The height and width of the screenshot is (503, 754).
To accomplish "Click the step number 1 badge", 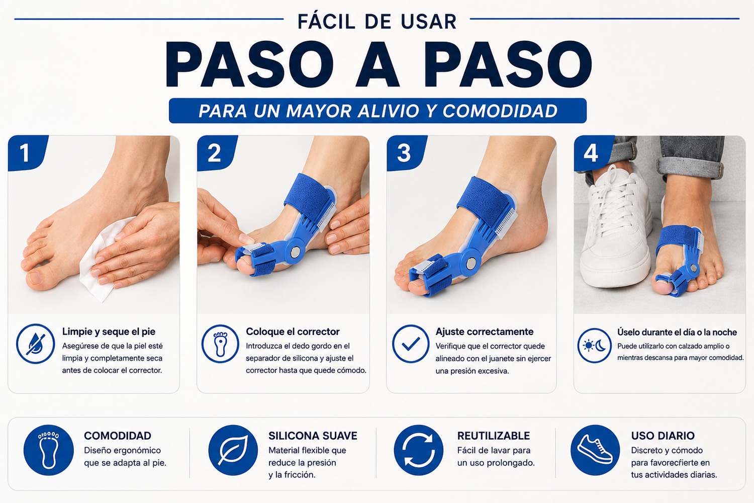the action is point(27,153).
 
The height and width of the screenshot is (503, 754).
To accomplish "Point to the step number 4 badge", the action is point(593,153).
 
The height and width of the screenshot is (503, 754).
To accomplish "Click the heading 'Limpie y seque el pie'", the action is point(109,332).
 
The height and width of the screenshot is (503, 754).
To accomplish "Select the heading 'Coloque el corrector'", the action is point(293,331).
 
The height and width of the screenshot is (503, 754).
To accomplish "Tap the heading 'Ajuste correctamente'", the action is point(485,332).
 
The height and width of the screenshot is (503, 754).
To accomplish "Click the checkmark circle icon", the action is point(411,344).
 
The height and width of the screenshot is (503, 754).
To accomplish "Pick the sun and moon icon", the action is point(595,346).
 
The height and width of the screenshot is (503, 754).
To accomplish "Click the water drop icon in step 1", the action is point(35,344).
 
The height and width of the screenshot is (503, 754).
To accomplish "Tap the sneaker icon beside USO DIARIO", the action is point(595,450).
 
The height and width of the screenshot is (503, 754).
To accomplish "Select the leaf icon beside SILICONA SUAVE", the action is point(233,450).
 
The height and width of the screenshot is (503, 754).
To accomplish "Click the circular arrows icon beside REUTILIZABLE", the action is point(418,450).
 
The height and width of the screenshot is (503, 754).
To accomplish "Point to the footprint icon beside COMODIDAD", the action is point(48,450).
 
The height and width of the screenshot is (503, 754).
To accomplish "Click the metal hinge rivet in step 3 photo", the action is point(470,263).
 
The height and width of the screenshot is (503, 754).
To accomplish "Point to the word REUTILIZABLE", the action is point(494,436).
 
